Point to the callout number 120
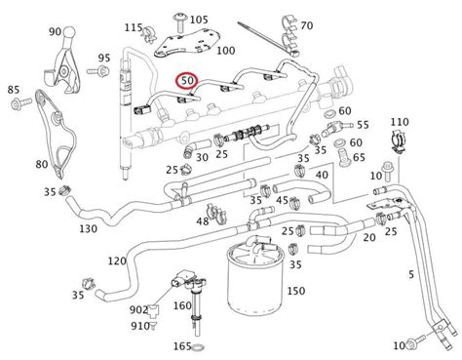[x=116, y=261]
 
